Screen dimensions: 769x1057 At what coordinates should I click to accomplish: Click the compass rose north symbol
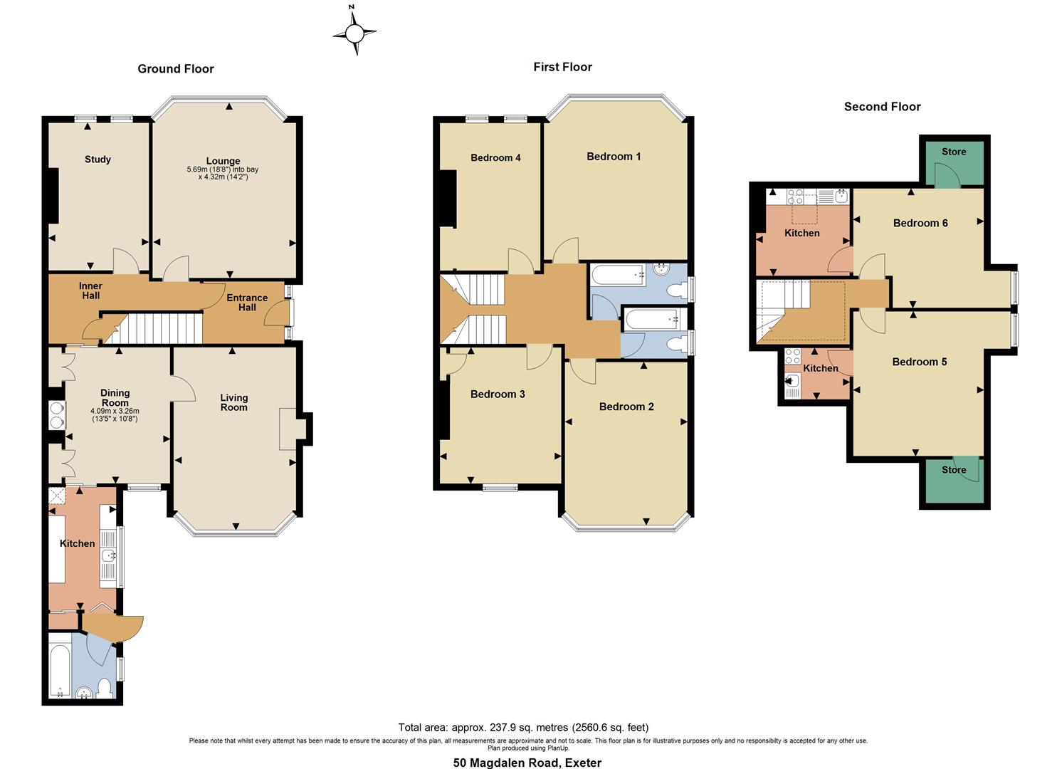pos(354,31)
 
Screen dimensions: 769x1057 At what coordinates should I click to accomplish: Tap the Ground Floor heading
pos(176,69)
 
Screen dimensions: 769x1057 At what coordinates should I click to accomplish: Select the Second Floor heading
pos(882,107)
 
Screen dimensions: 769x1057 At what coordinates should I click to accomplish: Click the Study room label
pos(98,159)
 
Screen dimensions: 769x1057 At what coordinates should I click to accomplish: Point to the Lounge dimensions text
pos(223,173)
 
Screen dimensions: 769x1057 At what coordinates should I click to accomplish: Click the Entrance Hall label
pos(247,303)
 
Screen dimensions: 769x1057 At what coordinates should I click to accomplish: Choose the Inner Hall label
pos(90,291)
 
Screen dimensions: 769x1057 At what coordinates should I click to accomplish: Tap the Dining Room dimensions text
pos(115,415)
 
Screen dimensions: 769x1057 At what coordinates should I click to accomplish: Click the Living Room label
pos(233,402)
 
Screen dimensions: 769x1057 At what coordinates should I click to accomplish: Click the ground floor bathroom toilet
pos(105,688)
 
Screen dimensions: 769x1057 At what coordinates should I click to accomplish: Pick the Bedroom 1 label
pos(614,157)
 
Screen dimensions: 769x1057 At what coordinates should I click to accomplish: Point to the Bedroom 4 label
pos(495,158)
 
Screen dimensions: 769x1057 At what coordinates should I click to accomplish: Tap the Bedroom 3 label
pos(498,394)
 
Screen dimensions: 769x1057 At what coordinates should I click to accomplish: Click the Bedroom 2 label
pos(626,407)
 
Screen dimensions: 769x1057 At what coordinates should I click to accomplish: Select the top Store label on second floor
pos(954,152)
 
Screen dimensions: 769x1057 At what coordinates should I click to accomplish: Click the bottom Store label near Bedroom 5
pos(954,470)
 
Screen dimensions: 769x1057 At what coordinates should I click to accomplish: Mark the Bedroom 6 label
pos(920,223)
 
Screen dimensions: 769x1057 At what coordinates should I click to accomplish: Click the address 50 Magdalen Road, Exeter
pos(527,763)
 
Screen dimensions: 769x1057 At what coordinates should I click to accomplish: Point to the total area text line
pos(523,728)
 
